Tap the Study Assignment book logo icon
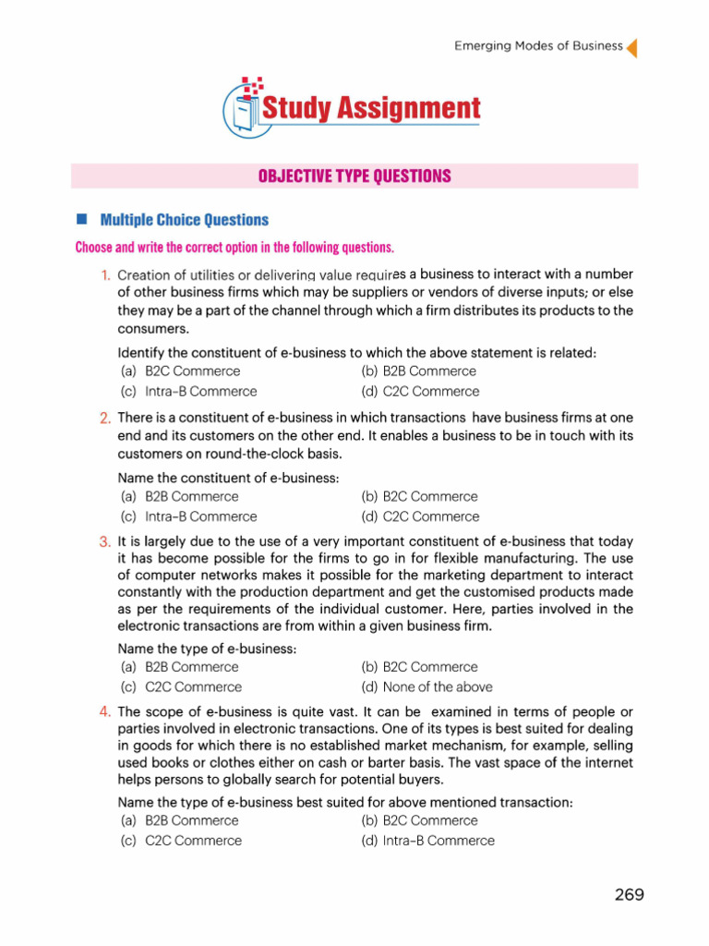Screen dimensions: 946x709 242,108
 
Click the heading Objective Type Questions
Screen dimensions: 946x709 354,176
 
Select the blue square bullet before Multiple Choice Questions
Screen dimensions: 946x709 81,219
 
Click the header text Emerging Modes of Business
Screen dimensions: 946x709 538,46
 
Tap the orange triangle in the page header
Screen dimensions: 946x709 632,47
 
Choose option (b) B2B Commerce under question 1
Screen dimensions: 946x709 419,371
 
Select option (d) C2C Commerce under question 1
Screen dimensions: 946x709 420,392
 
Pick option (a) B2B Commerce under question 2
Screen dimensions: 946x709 179,497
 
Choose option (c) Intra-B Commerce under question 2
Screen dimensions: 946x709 188,517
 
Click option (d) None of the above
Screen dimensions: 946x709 427,687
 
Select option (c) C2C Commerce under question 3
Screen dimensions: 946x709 180,687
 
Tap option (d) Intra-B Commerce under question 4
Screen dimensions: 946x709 427,841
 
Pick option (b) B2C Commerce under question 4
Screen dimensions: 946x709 419,820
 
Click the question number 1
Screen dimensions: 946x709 106,275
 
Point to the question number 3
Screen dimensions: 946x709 105,541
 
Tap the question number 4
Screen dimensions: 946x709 105,711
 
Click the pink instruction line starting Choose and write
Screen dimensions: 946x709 234,248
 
